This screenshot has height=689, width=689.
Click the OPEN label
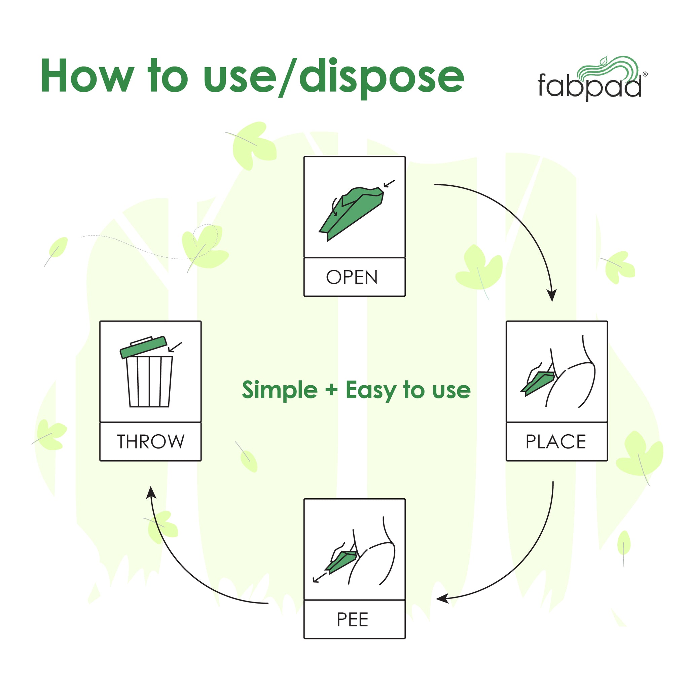tap(352, 277)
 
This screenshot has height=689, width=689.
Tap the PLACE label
tap(556, 441)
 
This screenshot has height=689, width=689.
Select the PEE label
tap(352, 619)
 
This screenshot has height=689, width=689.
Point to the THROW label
tap(150, 441)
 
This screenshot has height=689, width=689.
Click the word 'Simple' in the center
tap(280, 390)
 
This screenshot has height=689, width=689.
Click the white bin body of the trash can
tap(149, 381)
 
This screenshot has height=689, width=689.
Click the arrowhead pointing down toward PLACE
tap(552, 295)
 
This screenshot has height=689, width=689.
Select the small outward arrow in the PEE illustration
tap(320, 577)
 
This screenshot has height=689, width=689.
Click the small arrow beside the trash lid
tap(175, 347)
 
